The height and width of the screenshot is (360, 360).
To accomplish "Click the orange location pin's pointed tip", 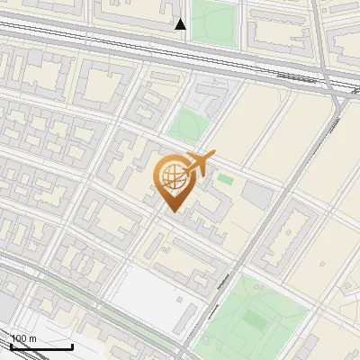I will tap(171, 211).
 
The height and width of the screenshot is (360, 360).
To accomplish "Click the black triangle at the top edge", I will tap(180, 24).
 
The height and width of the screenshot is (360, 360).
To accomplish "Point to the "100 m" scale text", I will tap(22, 338).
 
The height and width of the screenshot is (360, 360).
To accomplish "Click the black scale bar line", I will tap(41, 346).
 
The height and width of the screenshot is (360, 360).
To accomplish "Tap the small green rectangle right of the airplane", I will tap(225, 180).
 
